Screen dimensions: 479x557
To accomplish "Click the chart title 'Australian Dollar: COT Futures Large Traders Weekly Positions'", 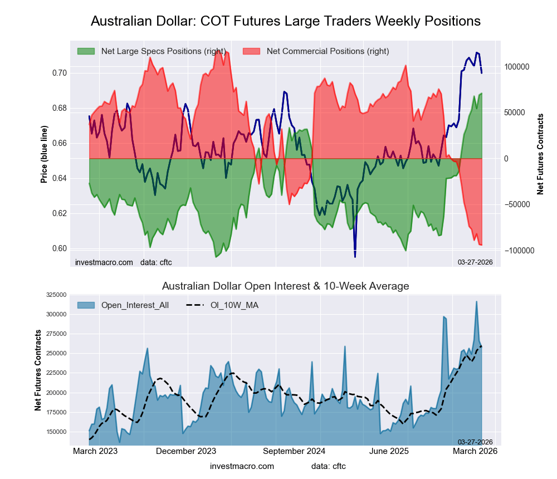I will point(285,21).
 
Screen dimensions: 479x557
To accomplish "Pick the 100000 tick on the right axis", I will point(516,67).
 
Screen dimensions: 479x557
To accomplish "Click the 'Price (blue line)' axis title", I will point(44,154).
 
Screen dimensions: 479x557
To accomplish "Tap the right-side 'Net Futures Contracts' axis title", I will point(540,154).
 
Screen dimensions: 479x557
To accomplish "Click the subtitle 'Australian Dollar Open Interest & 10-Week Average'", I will point(285,286).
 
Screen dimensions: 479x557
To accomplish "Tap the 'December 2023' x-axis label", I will point(186,452).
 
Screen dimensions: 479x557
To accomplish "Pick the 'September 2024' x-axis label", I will point(294,452).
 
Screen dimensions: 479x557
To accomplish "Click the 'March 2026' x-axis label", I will point(474,452).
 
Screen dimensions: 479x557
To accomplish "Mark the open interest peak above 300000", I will point(476,301).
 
